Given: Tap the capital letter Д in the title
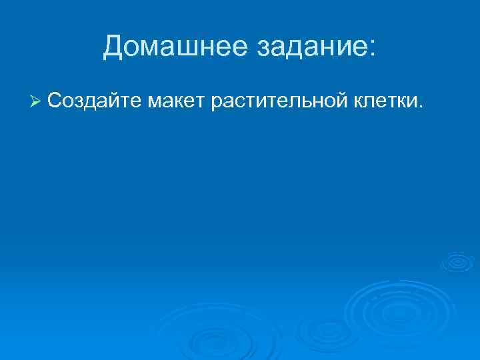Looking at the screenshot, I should point(114,46).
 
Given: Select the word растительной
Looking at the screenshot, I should point(278,101).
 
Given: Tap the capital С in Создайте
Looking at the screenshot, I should point(55,101).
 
